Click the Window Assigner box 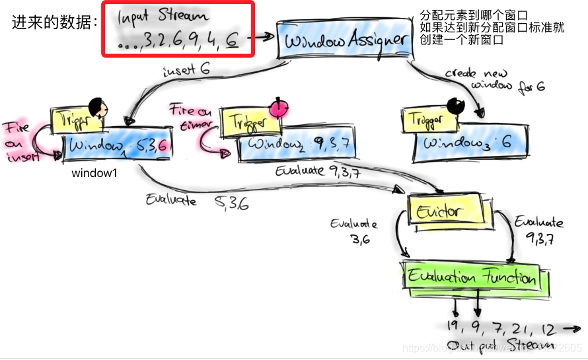(343, 39)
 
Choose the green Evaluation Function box (472, 277)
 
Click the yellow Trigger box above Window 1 (76, 119)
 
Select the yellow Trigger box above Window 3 (427, 119)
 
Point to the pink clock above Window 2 (279, 108)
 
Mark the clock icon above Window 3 (457, 105)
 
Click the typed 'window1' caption (94, 174)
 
